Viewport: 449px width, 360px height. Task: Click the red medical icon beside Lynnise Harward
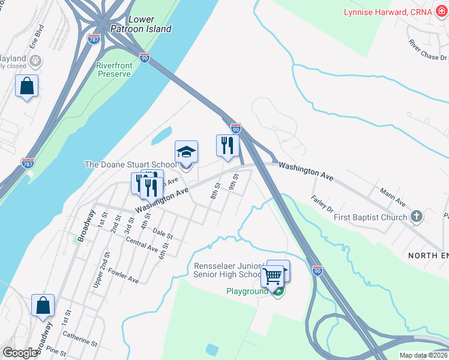point(441,12)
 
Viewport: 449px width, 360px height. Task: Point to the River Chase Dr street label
point(427,50)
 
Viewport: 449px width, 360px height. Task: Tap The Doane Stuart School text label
point(130,164)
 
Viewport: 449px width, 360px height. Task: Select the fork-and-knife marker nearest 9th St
point(228,146)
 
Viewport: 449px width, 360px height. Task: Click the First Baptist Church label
point(371,217)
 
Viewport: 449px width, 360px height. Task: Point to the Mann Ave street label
point(393,196)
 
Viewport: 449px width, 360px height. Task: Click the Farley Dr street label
point(322,204)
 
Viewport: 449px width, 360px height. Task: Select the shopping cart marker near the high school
point(273,277)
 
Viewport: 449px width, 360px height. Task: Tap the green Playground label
point(247,292)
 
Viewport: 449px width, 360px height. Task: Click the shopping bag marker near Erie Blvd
point(26,86)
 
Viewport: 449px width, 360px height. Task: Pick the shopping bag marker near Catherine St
point(43,306)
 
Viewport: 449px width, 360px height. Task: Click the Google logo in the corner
point(19,353)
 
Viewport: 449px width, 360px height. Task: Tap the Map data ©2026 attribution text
point(423,355)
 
